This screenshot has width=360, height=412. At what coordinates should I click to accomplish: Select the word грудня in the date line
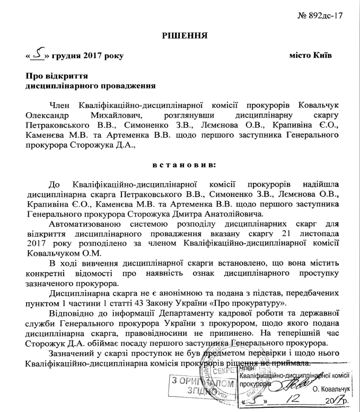point(73,56)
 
